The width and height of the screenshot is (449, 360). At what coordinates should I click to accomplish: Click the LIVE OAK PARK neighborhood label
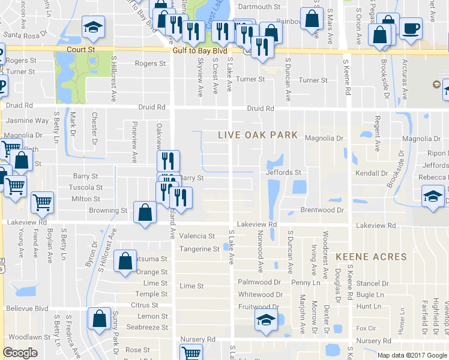point(258,135)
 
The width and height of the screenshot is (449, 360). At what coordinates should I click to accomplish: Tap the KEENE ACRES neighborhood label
point(371,257)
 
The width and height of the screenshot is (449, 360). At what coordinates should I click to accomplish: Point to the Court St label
point(81,50)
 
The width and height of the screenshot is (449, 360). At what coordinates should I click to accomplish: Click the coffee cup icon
point(411,28)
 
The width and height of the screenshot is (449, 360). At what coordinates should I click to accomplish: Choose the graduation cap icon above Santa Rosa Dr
point(93,26)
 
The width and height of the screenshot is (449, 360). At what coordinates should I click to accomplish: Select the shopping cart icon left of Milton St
point(42,203)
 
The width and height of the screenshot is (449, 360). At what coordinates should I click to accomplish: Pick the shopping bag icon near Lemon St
point(100,319)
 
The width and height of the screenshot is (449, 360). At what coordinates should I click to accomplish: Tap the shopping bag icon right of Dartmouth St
point(312,19)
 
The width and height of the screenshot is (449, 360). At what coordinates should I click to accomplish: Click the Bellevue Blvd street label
point(27,308)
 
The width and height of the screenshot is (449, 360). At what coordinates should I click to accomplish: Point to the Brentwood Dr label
point(322,211)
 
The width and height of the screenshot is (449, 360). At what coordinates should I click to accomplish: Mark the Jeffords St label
point(284,173)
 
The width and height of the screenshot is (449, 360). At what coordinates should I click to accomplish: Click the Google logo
point(20,353)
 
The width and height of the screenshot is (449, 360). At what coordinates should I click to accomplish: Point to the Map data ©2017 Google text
point(411,355)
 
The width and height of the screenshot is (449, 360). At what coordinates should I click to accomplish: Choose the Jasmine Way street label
point(27,121)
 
